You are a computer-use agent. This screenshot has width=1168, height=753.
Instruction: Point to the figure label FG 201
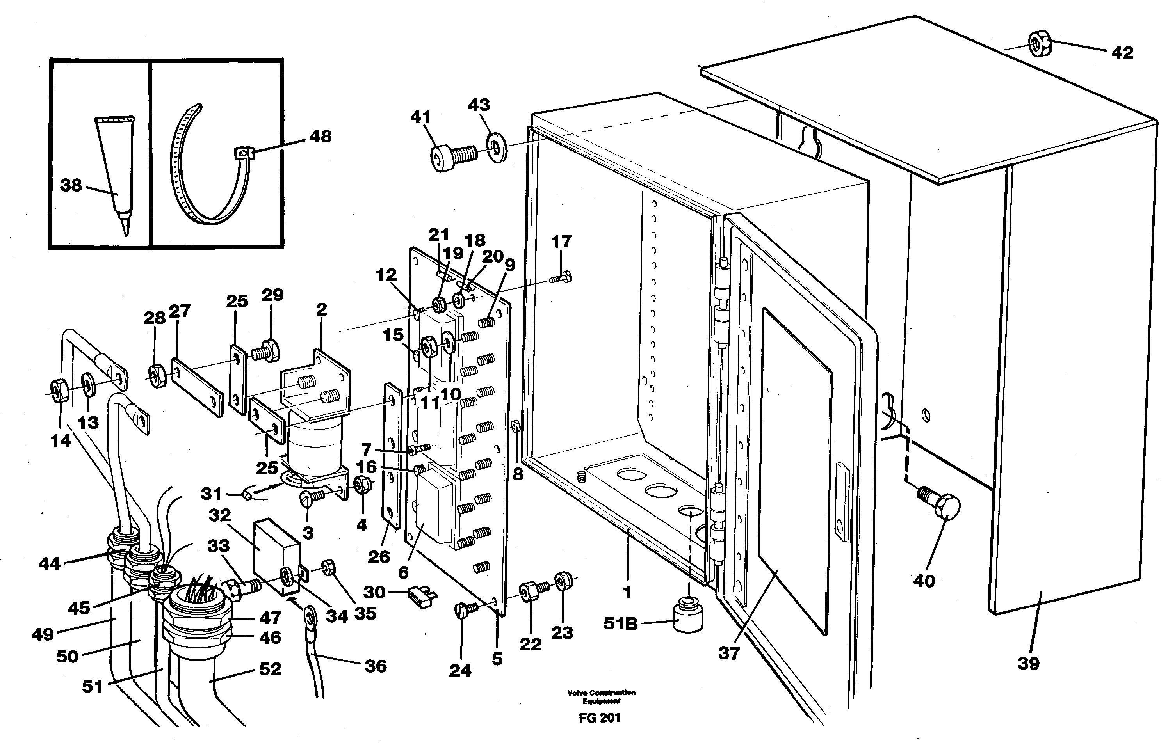pyautogui.click(x=599, y=718)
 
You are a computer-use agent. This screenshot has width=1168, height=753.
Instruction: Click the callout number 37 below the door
pyautogui.click(x=728, y=653)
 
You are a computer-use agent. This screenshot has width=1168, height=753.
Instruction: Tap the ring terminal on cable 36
pyautogui.click(x=309, y=614)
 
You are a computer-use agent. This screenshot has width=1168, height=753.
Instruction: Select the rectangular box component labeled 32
pyautogui.click(x=275, y=556)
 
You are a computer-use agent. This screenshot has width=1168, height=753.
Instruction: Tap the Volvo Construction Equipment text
pyautogui.click(x=601, y=696)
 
